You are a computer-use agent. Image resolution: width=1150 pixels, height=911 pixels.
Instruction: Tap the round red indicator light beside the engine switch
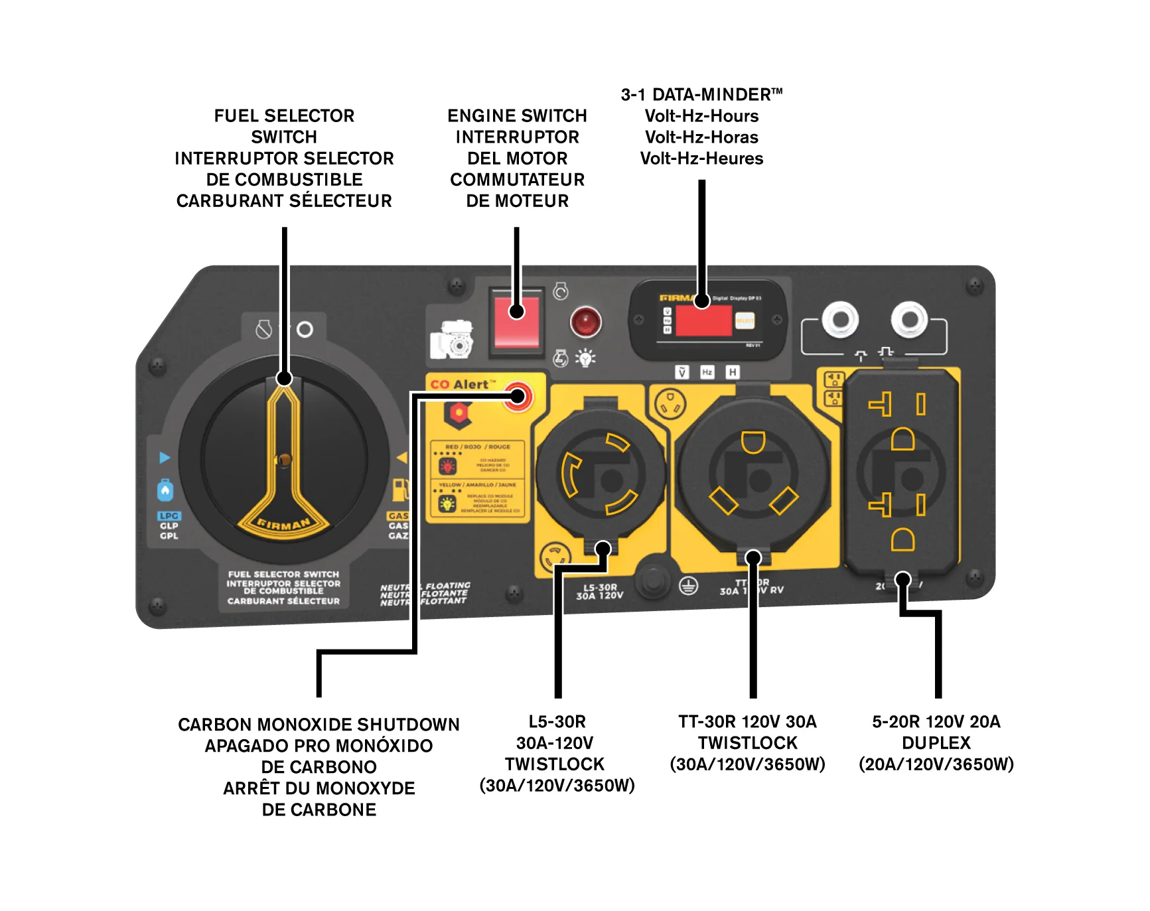(585, 322)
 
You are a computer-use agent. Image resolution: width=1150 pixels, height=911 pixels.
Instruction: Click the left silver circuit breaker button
(840, 320)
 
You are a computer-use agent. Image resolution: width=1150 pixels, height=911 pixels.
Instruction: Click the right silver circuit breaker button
(909, 320)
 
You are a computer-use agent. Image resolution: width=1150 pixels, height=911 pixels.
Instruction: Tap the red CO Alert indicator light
(517, 397)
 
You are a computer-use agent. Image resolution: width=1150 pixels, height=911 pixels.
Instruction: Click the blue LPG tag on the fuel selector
(169, 516)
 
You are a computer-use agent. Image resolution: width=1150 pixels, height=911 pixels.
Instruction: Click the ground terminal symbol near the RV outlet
(688, 586)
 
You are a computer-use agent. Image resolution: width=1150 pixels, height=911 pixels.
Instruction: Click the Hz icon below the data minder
(707, 372)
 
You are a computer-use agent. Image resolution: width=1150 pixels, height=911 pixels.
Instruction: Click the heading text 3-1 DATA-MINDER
(701, 95)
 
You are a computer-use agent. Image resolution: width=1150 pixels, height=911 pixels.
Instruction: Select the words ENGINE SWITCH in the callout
(517, 116)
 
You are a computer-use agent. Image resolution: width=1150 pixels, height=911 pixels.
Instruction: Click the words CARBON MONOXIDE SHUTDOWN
(319, 725)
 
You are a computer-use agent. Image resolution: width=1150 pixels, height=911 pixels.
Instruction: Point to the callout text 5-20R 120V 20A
(936, 722)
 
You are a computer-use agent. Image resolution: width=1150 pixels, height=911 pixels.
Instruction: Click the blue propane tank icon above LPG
(165, 490)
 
